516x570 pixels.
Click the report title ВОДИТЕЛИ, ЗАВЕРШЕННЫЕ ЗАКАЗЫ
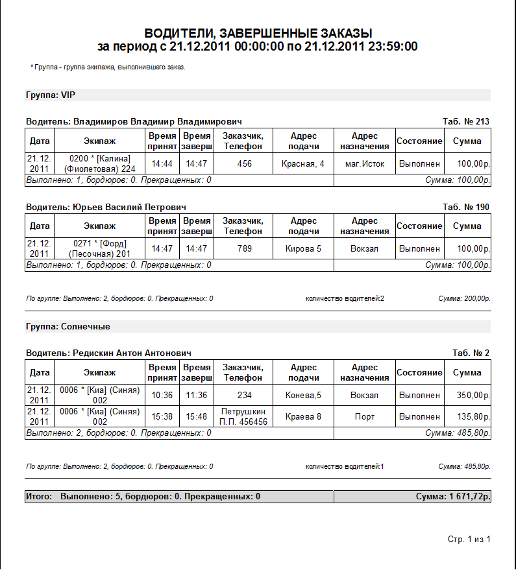point(258,33)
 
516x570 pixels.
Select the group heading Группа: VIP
point(51,95)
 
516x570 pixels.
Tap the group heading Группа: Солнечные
point(68,327)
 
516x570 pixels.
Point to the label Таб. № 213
point(465,121)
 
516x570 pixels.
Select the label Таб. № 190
point(465,207)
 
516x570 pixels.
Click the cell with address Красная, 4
point(302,164)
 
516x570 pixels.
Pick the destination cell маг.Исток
point(364,164)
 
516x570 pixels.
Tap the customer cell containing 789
point(244,249)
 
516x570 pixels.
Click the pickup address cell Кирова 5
point(302,249)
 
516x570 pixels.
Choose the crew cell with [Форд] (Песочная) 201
point(100,249)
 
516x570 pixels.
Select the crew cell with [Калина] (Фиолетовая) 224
point(100,164)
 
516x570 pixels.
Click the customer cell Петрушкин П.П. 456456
point(244,416)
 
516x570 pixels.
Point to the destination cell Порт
point(364,416)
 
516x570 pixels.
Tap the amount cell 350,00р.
point(467,395)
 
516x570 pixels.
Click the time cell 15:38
point(162,416)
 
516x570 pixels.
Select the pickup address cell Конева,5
point(302,395)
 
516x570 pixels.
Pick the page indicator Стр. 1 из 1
point(469,540)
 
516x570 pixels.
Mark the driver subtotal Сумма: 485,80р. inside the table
point(457,433)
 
